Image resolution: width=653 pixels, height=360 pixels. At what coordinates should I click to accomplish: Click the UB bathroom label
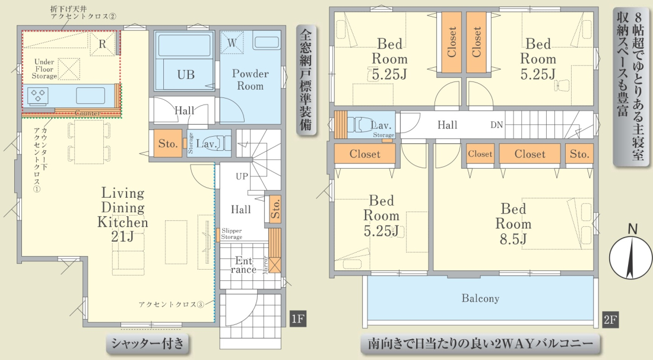click(186, 75)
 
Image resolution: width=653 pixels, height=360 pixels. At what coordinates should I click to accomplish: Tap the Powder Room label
click(251, 80)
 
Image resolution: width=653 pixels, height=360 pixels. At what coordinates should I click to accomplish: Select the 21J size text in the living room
click(122, 236)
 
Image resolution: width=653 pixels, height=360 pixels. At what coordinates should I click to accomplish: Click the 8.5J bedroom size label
click(513, 239)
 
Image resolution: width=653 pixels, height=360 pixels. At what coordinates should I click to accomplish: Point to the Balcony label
click(480, 298)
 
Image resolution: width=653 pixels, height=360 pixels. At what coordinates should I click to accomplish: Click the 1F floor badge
click(298, 320)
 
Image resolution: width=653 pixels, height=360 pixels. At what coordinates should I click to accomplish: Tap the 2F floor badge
click(610, 320)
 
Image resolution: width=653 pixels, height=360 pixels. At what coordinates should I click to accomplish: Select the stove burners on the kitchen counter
click(38, 96)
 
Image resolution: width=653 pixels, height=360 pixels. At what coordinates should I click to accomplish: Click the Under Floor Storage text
click(44, 69)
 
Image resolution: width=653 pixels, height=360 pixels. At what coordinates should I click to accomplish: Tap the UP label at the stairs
click(242, 176)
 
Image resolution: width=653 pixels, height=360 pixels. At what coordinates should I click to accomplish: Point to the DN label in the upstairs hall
click(496, 125)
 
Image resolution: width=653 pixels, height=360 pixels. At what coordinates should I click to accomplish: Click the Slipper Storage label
click(232, 233)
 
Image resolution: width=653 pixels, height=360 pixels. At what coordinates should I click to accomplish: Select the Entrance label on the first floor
click(243, 265)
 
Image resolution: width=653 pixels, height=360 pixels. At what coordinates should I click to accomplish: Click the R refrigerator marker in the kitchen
click(103, 44)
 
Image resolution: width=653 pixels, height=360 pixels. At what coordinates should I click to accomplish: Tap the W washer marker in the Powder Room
click(232, 42)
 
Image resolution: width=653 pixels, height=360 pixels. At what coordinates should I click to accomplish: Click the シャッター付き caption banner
click(147, 343)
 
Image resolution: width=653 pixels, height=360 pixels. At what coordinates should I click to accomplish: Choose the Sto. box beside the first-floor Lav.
click(168, 144)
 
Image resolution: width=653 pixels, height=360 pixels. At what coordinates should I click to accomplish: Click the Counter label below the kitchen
click(87, 113)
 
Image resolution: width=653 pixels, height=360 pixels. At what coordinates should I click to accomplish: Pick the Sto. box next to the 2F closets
click(579, 154)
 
